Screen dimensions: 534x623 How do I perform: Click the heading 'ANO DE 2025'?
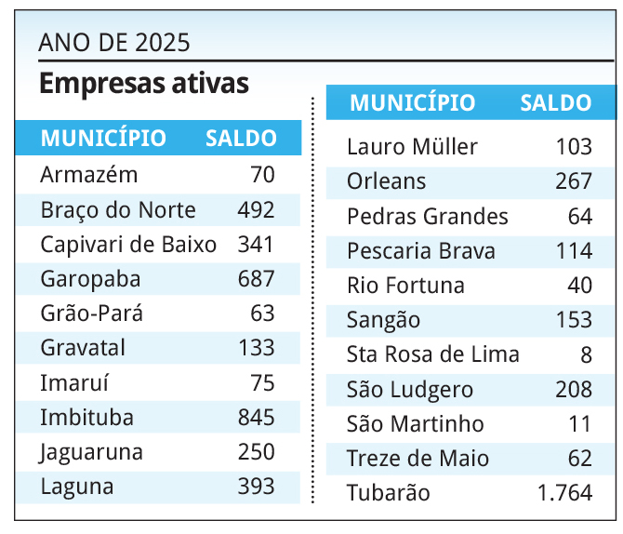114,42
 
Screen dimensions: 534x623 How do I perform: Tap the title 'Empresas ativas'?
144,84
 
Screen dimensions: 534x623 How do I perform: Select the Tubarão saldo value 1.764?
564,493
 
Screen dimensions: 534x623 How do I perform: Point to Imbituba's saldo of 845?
256,417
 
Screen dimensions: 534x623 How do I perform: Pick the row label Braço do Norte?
118,209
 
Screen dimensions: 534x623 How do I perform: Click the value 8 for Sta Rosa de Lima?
586,354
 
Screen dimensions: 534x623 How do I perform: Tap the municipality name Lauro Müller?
412,147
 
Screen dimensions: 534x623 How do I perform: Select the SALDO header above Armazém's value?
241,139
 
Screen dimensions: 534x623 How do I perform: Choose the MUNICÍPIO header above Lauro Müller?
412,103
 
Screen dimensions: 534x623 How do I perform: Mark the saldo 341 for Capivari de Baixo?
256,244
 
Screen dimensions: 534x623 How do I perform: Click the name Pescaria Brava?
420,251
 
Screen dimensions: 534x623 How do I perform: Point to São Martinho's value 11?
580,424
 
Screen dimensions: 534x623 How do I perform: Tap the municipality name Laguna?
77,486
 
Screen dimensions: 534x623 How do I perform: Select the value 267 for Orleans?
574,181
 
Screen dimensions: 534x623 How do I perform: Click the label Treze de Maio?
418,459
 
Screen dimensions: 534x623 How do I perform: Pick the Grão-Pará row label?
92,314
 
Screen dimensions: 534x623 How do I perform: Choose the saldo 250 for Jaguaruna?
256,452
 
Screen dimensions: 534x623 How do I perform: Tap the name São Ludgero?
410,390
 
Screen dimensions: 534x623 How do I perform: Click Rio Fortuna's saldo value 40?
580,286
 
